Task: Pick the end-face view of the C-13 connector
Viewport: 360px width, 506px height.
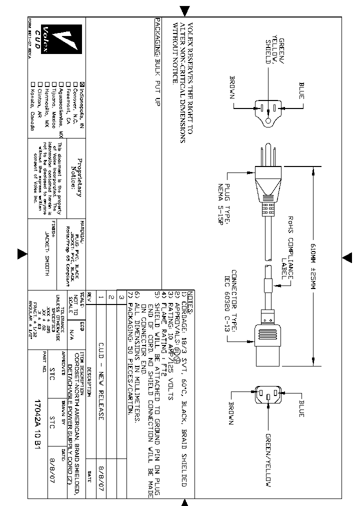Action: click(267, 396)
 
